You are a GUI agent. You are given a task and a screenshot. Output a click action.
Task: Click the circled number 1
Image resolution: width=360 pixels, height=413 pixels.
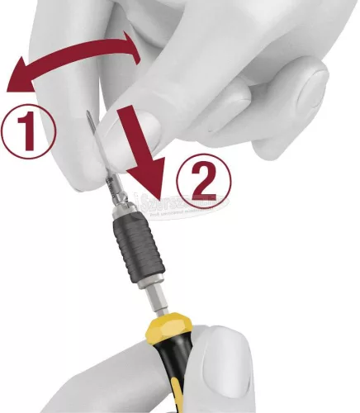point(27,129)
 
